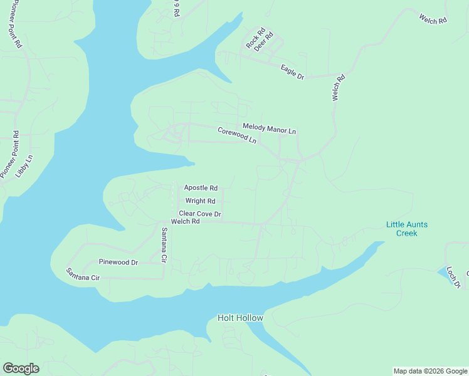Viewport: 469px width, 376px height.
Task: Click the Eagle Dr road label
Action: [x=292, y=72]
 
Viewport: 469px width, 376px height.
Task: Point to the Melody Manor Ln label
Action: [x=269, y=129]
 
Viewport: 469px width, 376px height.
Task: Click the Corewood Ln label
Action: [x=237, y=135]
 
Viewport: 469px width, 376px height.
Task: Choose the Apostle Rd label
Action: [x=201, y=187]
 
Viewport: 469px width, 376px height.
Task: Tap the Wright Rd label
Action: [x=200, y=201]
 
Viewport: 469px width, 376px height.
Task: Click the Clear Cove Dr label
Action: [x=200, y=214]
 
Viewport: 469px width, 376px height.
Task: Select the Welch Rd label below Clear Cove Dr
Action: [x=185, y=221]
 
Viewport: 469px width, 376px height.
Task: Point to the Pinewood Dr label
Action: [x=118, y=262]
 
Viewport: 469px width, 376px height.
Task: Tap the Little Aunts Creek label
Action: [x=406, y=229]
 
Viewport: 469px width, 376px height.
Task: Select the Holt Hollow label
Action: [x=240, y=318]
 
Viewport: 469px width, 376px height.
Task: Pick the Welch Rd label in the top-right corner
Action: [x=433, y=19]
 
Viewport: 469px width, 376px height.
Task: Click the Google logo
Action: [x=21, y=368]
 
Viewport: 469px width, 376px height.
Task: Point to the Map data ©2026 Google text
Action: [x=430, y=371]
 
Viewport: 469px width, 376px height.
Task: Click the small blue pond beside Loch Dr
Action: [x=441, y=271]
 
